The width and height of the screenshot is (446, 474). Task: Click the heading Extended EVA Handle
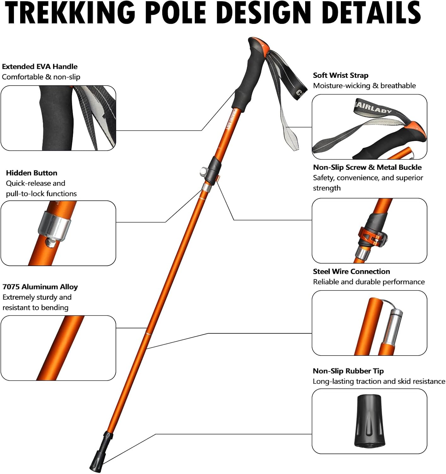40,67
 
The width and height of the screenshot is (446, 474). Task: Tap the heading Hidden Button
32,173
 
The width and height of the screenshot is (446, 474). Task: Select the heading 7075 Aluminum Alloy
40,287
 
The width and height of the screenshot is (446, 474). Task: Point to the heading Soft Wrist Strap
341,76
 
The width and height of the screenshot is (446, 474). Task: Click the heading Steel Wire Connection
351,272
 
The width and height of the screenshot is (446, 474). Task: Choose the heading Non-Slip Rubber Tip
348,371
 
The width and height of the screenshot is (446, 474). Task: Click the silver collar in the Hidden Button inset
54,226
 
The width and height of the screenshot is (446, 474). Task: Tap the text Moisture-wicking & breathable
364,86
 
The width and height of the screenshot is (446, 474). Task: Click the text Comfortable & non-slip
41,77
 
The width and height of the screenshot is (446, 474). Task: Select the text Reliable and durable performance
369,282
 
